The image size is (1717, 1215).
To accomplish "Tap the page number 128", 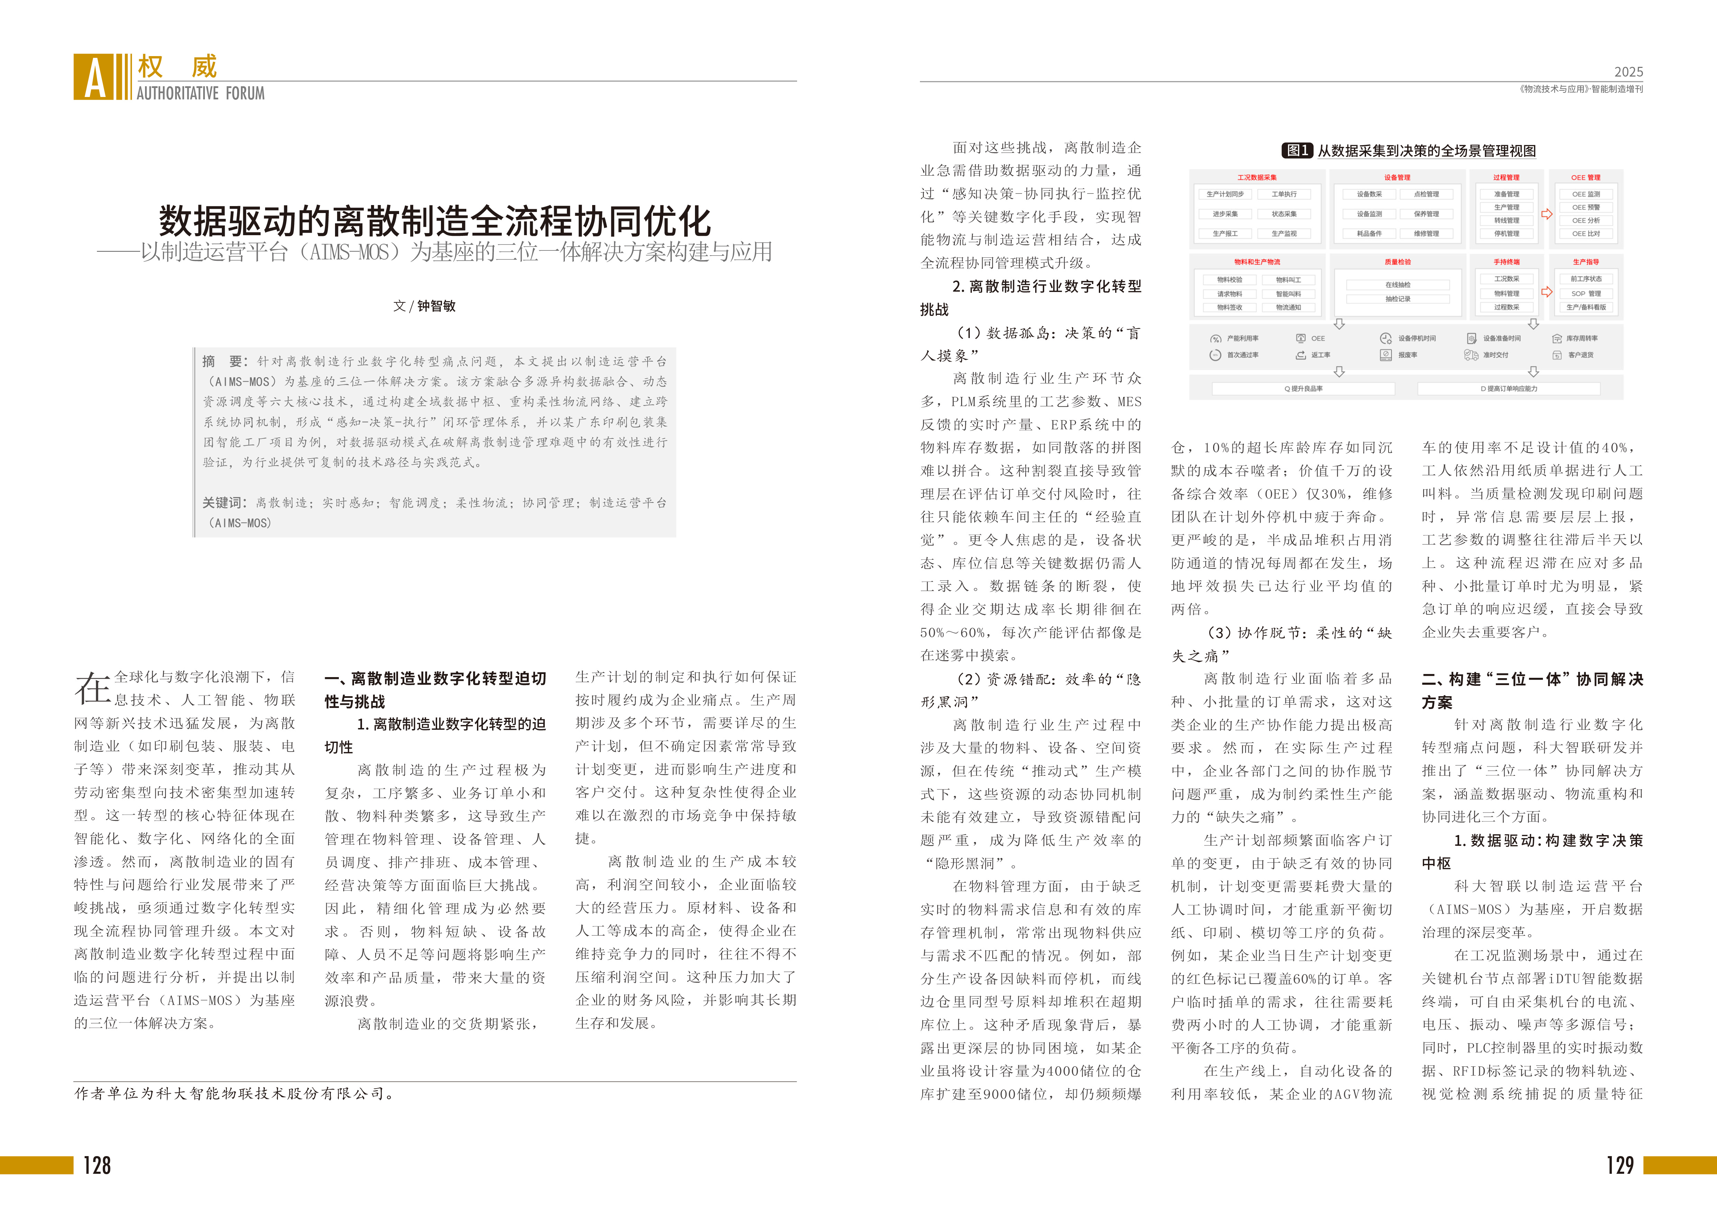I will (x=97, y=1165).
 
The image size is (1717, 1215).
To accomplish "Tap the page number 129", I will (x=1620, y=1165).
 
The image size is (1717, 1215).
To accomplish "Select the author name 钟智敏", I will (x=437, y=306).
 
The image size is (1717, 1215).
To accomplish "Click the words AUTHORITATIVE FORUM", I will (x=200, y=94).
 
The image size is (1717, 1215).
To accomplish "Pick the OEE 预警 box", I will (x=1585, y=207).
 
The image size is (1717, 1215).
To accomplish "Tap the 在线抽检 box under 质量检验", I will (x=1397, y=285).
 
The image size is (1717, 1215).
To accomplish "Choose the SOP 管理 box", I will (x=1585, y=293).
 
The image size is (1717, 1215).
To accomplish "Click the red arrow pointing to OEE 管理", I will (x=1546, y=214).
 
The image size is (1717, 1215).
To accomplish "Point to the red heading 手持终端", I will (x=1506, y=262).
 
